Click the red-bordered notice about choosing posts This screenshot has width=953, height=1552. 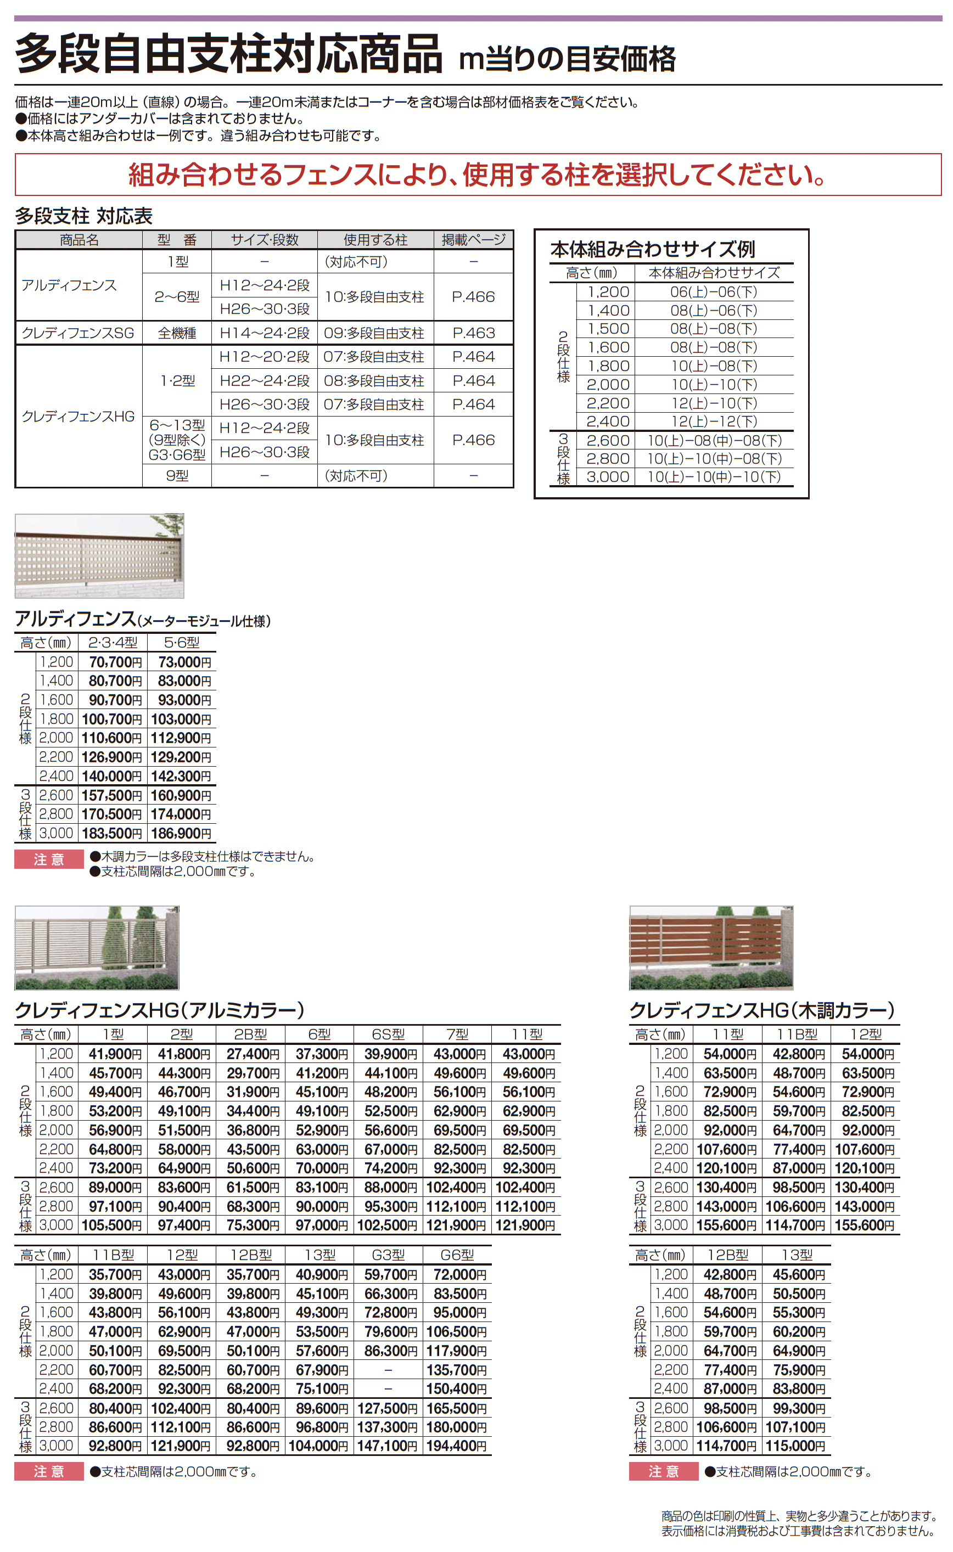[477, 175]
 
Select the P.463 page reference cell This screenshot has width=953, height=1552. [473, 333]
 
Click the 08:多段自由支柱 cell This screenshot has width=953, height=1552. [374, 381]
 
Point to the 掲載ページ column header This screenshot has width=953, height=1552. [473, 240]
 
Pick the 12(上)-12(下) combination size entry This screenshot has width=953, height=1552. [714, 421]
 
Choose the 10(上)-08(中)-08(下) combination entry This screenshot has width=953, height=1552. [714, 441]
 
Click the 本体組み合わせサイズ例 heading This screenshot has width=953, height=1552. [652, 250]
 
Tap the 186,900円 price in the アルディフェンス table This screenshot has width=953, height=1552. [181, 833]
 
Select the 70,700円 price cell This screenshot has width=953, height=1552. [112, 662]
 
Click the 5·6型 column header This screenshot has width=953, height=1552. [182, 643]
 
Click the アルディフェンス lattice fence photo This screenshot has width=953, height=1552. [99, 555]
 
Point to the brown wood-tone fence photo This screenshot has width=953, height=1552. [711, 947]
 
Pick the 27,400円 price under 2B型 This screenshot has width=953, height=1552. [250, 1054]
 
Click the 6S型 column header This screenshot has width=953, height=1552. [388, 1034]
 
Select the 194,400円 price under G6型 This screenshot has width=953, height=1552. [457, 1446]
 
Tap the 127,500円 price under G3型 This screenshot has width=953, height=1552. [388, 1408]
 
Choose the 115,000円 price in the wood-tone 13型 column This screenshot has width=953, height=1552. [796, 1446]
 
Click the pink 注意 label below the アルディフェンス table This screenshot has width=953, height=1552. [49, 859]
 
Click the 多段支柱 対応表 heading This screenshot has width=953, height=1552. [84, 216]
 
